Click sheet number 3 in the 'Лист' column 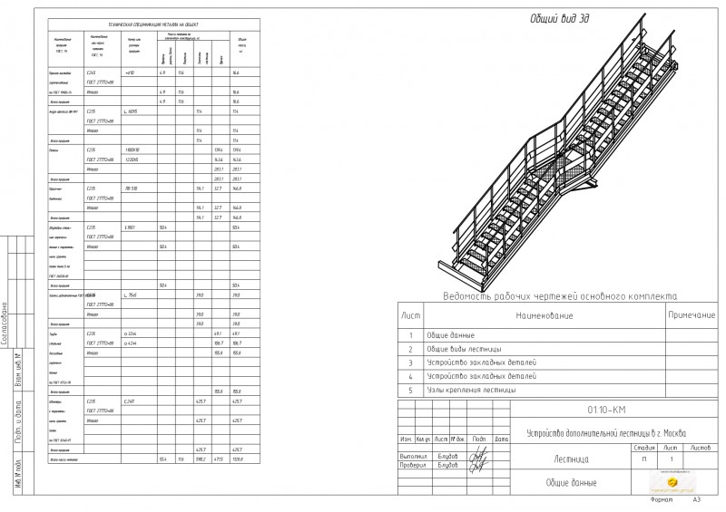pos(411,362)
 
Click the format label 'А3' pos(697,499)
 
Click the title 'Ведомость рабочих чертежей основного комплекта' pos(557,296)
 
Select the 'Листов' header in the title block pos(701,448)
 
